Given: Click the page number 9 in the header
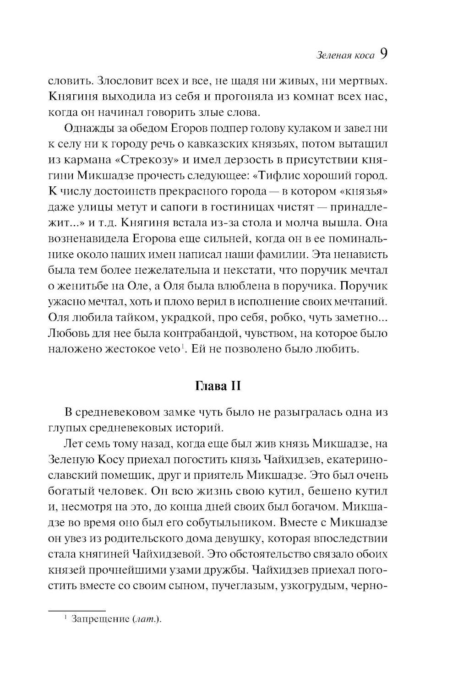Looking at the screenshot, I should click(383, 54).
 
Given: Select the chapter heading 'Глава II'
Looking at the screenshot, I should click(218, 386).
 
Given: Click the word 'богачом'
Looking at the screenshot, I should click(302, 506).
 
